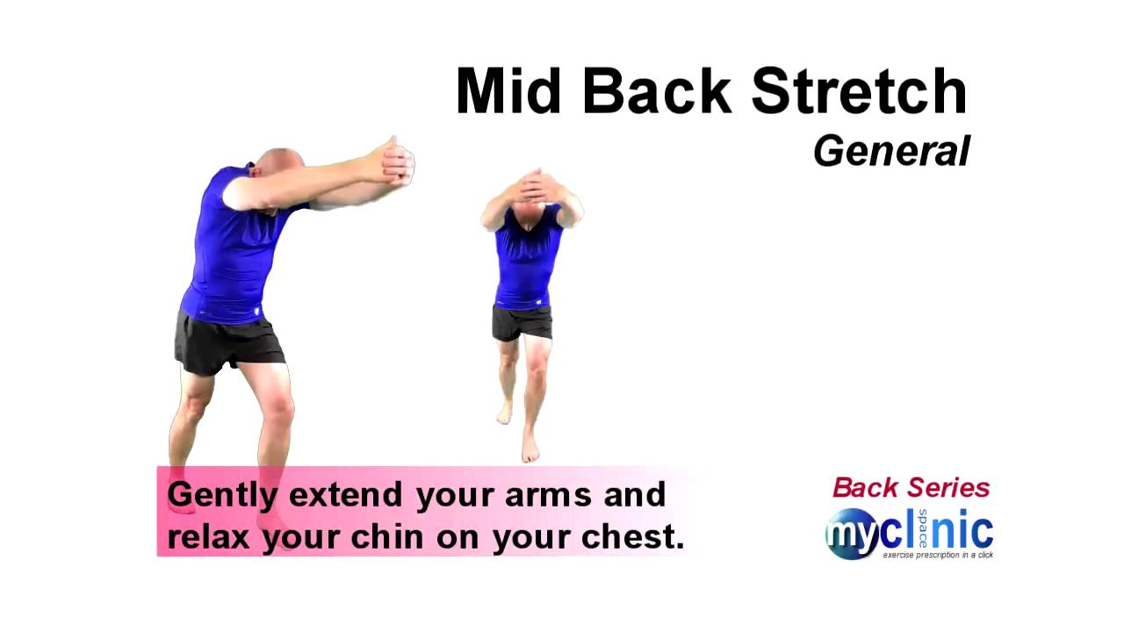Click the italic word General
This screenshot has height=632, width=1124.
[891, 151]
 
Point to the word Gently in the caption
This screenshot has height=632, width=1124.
[222, 496]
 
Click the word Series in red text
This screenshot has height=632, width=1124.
[949, 488]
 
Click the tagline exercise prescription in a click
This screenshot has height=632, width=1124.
[938, 556]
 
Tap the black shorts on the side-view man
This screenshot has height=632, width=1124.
[229, 343]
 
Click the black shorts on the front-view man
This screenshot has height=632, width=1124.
[522, 322]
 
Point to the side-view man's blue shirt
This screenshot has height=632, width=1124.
[230, 255]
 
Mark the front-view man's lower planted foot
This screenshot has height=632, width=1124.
[530, 450]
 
